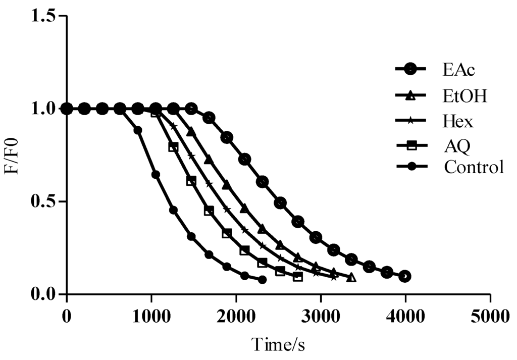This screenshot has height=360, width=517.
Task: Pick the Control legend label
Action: click(x=474, y=166)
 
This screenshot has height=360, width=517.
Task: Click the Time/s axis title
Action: click(x=278, y=345)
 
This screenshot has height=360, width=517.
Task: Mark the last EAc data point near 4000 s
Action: click(x=404, y=276)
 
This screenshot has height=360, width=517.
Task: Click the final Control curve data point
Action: click(x=262, y=279)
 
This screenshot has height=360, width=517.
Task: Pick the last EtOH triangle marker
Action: click(x=351, y=277)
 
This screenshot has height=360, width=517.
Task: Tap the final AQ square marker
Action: click(x=298, y=277)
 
